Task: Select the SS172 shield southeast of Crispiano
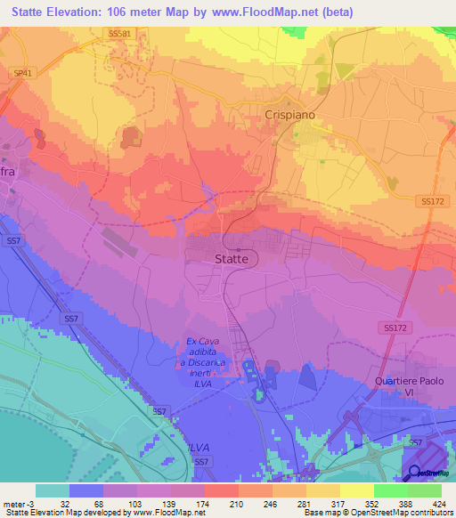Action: coord(433,202)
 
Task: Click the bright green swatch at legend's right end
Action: coord(424,490)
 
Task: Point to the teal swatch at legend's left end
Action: coord(53,490)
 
